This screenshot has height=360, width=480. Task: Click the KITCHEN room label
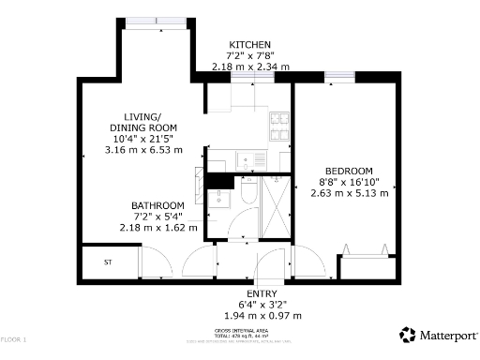pos(249,45)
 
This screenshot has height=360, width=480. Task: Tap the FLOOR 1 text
pos(14,338)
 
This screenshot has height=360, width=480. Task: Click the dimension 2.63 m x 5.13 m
pos(349,193)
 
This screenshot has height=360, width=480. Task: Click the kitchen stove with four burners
pos(280,121)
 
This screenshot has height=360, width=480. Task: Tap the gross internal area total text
pos(242,334)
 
